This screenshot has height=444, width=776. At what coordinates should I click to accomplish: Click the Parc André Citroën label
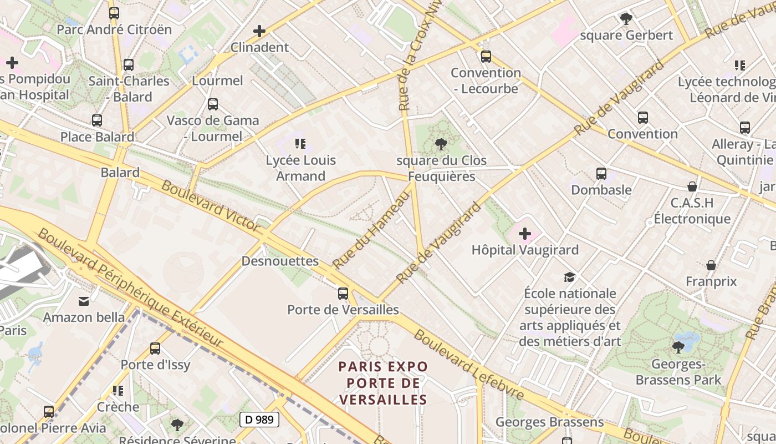coord(114,29)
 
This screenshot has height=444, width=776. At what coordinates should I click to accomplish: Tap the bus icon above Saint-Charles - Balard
coord(129,65)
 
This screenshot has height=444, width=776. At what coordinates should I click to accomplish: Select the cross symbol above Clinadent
coord(259,31)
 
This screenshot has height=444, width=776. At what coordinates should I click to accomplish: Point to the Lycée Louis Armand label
coord(301,168)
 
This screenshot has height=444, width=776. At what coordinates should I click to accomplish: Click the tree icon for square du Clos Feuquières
coord(441,145)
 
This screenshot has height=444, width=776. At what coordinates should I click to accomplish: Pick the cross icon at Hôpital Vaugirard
coord(524,234)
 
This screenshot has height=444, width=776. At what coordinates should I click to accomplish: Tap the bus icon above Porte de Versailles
coord(343,294)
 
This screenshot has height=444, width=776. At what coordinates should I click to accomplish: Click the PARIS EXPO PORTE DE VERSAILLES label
coord(384,383)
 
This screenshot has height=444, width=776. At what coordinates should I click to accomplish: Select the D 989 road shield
coord(259,420)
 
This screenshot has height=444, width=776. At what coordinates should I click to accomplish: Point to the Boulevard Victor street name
coord(211,205)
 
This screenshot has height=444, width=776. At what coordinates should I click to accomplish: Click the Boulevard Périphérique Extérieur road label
coord(130,289)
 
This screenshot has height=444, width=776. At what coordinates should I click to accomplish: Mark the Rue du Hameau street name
coord(371,229)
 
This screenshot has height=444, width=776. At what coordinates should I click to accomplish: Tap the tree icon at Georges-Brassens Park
coord(678,348)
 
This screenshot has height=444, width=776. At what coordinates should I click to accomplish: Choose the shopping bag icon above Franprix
coord(711,265)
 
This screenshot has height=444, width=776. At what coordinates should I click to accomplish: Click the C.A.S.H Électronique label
coord(692,210)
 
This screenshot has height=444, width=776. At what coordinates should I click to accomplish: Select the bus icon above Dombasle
coord(601,174)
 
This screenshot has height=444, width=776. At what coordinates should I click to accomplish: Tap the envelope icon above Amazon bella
coord(84,301)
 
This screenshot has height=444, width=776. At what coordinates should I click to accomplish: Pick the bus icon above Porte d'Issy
coord(155,349)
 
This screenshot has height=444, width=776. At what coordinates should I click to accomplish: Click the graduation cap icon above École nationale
coord(569,277)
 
